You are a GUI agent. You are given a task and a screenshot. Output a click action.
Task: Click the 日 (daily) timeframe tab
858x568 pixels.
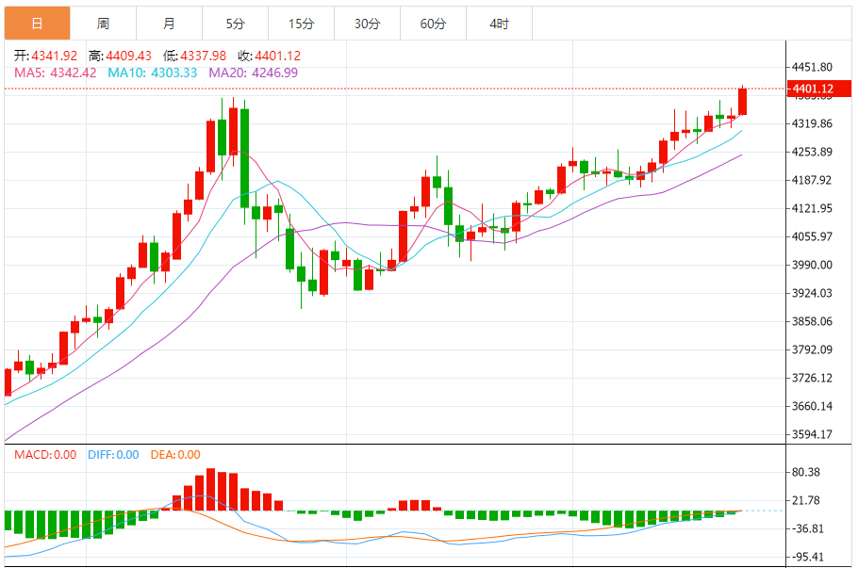click(36, 24)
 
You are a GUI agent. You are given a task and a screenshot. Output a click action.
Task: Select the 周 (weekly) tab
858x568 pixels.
click(103, 24)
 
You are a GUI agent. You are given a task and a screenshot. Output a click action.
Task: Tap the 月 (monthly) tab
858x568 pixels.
click(169, 24)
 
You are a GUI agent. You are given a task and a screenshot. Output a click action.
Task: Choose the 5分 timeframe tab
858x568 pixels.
click(235, 24)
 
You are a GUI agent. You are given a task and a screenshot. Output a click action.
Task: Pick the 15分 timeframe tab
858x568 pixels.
click(301, 24)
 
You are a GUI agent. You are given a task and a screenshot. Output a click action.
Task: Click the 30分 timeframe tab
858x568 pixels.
click(367, 24)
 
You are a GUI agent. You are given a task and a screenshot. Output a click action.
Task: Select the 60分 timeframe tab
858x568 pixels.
click(433, 24)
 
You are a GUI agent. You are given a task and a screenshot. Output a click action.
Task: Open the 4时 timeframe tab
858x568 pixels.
click(499, 24)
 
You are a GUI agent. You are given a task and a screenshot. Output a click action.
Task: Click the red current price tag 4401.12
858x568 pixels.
click(812, 89)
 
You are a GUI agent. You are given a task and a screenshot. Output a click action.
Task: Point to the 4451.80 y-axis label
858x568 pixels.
click(812, 67)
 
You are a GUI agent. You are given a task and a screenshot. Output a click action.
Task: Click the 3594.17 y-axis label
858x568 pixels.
click(812, 434)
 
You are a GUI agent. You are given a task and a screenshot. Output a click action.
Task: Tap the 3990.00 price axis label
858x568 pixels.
click(812, 265)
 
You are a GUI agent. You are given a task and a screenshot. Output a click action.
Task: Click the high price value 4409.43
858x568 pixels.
click(128, 57)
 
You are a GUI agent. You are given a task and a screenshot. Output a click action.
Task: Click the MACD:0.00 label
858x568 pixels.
click(44, 455)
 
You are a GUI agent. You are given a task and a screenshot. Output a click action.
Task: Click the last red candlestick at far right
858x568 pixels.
click(743, 102)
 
